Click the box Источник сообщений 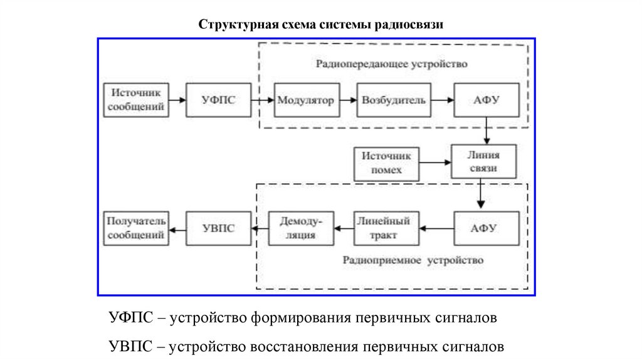[x=136, y=100]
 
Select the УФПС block [x=218, y=100]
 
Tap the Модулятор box [x=305, y=100]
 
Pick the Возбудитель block [x=394, y=100]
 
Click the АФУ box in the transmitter [x=487, y=100]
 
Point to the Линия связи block [x=483, y=162]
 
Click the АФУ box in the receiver [x=487, y=228]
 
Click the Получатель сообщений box [x=136, y=228]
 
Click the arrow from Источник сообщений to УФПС [x=177, y=100]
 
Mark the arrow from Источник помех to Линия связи [x=435, y=163]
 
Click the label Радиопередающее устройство [x=391, y=64]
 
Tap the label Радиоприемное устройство [x=413, y=260]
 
